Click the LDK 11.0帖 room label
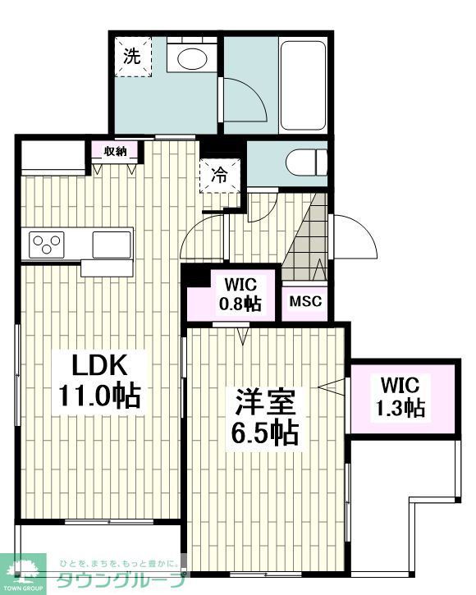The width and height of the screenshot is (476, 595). pos(98,380)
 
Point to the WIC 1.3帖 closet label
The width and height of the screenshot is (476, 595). pos(401,396)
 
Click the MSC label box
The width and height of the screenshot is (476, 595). pos(305,300)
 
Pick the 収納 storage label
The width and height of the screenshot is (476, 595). pos(115,151)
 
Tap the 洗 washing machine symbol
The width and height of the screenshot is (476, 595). pos(132,57)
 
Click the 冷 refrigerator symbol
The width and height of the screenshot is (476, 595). pos(220,174)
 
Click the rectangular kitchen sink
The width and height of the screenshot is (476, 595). pos(112,244)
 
